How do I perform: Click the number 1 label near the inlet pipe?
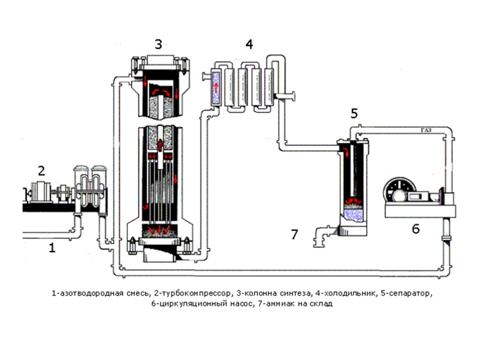(x=52, y=248)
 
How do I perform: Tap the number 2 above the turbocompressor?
(x=42, y=171)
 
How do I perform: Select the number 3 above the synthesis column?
(x=158, y=45)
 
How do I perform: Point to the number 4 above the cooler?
(x=249, y=45)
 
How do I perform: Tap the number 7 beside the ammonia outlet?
(x=294, y=234)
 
